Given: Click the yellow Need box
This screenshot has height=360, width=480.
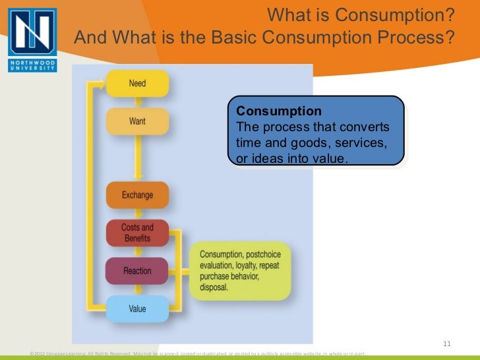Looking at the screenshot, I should click(x=137, y=84).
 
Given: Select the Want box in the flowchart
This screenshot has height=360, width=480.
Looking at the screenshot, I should click(x=137, y=121).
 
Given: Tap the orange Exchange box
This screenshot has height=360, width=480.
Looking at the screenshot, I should click(x=137, y=195).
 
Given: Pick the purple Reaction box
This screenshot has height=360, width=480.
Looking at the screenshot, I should click(x=137, y=270).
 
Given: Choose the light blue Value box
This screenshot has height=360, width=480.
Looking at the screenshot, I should click(x=137, y=308).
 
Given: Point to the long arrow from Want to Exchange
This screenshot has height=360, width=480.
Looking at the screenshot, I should click(x=137, y=158).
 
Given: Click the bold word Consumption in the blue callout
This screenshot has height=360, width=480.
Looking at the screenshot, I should click(x=279, y=111).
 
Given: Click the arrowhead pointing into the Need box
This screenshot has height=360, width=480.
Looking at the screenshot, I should click(x=102, y=84).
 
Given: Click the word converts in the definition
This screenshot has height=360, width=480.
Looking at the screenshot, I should click(x=366, y=127).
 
